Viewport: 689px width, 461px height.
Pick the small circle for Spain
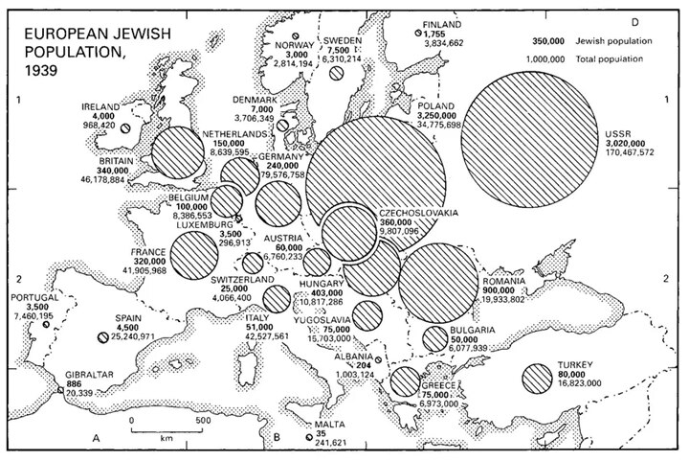103,336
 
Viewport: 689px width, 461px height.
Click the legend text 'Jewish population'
614,41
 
